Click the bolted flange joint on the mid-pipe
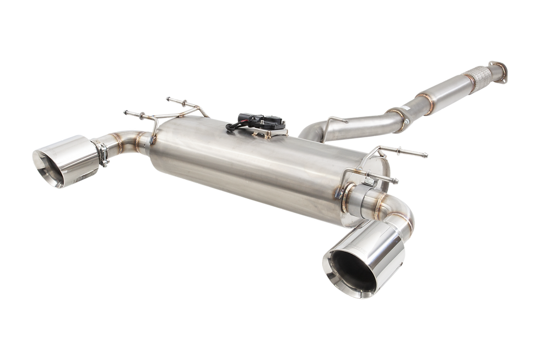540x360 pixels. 403,115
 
